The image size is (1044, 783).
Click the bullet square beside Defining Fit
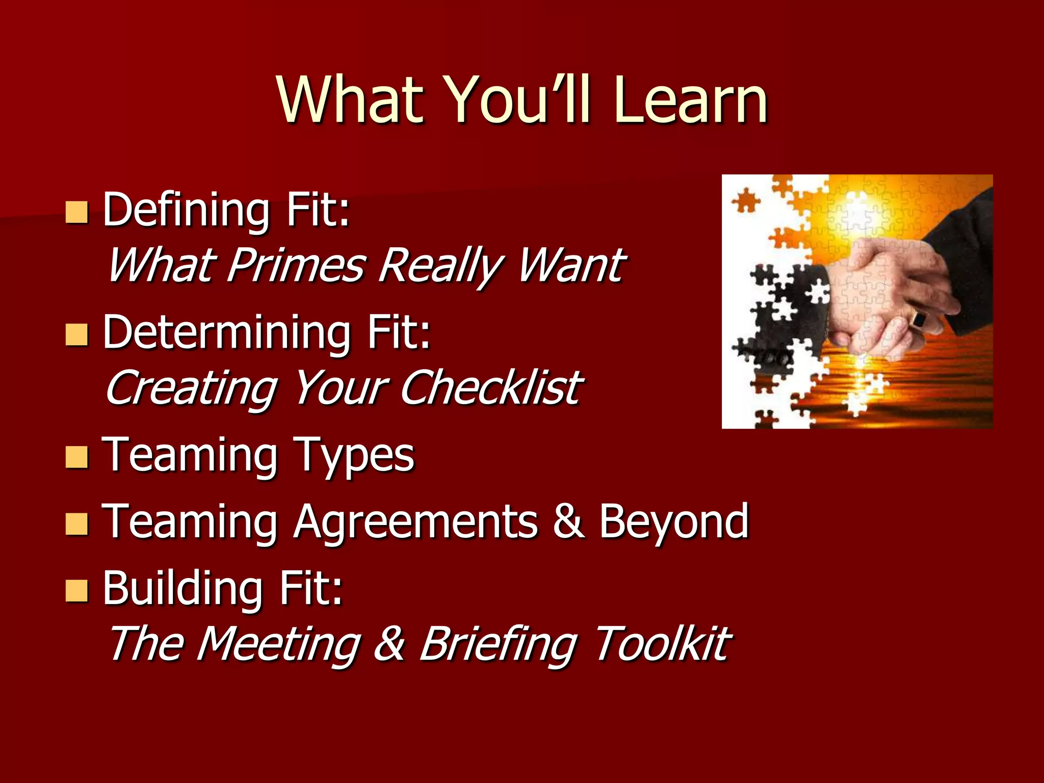point(77,212)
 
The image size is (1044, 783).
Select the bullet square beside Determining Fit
point(77,334)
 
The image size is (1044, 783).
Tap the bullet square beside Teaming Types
point(77,457)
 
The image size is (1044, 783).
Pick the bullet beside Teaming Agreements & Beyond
point(77,523)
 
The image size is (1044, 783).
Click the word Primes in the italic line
point(296,265)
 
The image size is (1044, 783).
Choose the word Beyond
point(673,521)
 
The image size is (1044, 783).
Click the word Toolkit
point(663,644)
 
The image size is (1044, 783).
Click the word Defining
point(186,210)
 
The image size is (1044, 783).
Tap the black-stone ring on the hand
point(919,320)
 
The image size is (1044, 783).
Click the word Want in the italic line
point(571,265)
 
